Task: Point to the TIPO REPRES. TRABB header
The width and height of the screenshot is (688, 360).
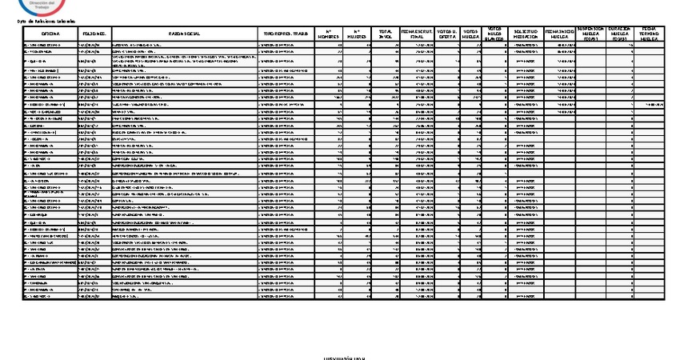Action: point(287,33)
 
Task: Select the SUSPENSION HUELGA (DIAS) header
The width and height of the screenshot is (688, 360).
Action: point(591,33)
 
